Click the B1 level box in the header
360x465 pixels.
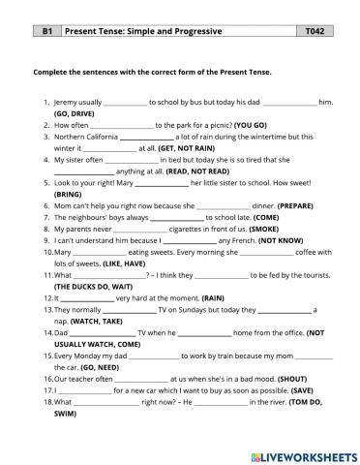45,32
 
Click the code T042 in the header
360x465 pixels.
315,32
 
